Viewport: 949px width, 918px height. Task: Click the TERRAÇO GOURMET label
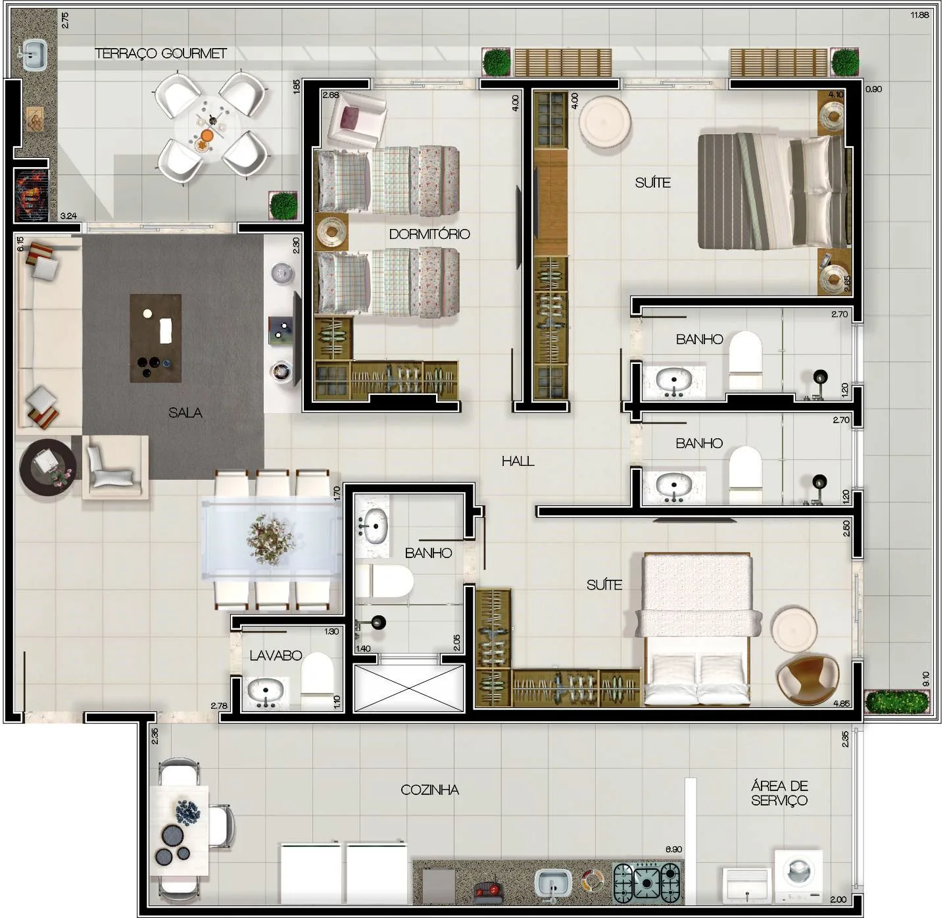[161, 53]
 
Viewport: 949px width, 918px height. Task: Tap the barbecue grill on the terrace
[31, 193]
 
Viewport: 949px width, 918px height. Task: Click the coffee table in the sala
[156, 338]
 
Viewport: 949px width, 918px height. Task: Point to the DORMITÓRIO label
[429, 234]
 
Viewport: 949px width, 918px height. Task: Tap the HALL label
[518, 461]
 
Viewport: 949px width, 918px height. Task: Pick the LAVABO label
[276, 655]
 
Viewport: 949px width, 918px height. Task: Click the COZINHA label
[429, 789]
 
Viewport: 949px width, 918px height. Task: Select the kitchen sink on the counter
[553, 884]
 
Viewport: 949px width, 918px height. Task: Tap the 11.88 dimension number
[920, 15]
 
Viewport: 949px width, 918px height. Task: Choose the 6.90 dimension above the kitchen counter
[673, 849]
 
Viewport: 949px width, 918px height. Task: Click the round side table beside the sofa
[48, 467]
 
